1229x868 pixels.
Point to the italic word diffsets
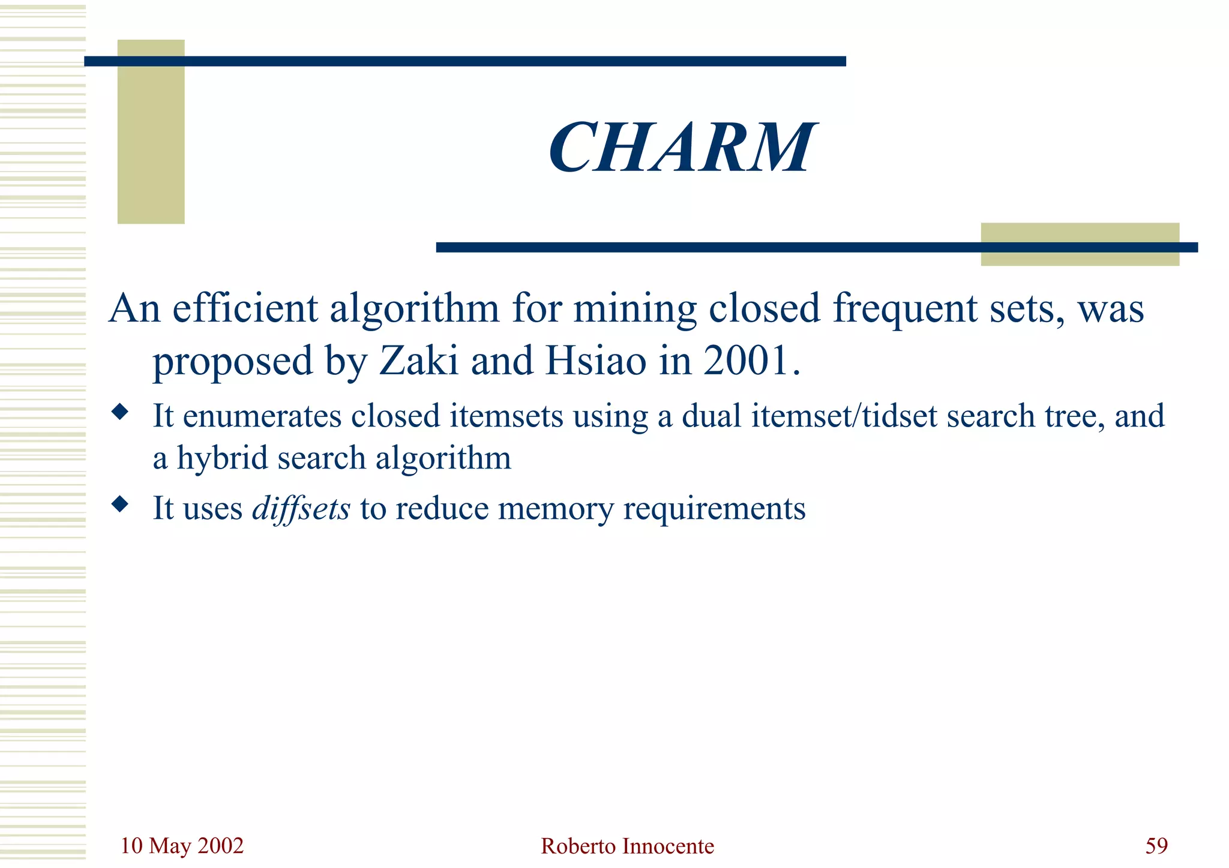301,509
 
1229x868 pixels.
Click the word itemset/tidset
844,416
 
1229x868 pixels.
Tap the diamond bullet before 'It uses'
120,504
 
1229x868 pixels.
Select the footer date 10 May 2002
182,846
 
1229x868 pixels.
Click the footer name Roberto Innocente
627,846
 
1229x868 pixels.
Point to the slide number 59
1156,846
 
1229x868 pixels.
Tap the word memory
556,509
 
